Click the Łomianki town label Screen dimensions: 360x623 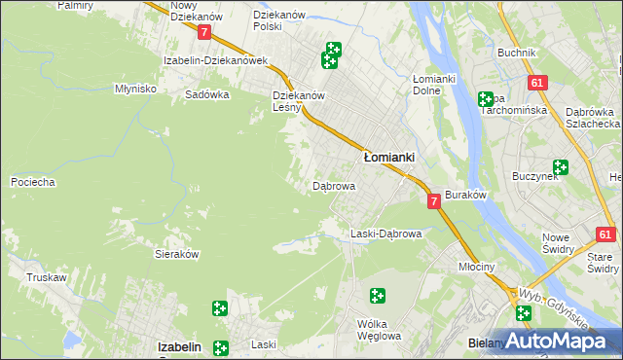coord(389,157)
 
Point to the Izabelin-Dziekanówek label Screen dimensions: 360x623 coord(215,60)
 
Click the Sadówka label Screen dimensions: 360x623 coord(206,95)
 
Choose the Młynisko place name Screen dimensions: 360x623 coord(135,88)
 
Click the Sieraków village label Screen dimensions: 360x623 coord(177,253)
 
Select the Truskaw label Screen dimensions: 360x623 coord(46,277)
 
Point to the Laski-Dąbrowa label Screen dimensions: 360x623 coord(385,234)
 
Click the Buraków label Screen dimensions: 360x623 coord(465,196)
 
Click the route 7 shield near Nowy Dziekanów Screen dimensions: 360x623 coord(204,32)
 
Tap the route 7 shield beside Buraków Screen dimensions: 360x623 coord(434,200)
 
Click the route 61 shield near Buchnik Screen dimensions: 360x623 coord(536,84)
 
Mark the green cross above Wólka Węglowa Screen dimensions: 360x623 coord(377,296)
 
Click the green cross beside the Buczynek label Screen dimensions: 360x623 coord(561,167)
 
